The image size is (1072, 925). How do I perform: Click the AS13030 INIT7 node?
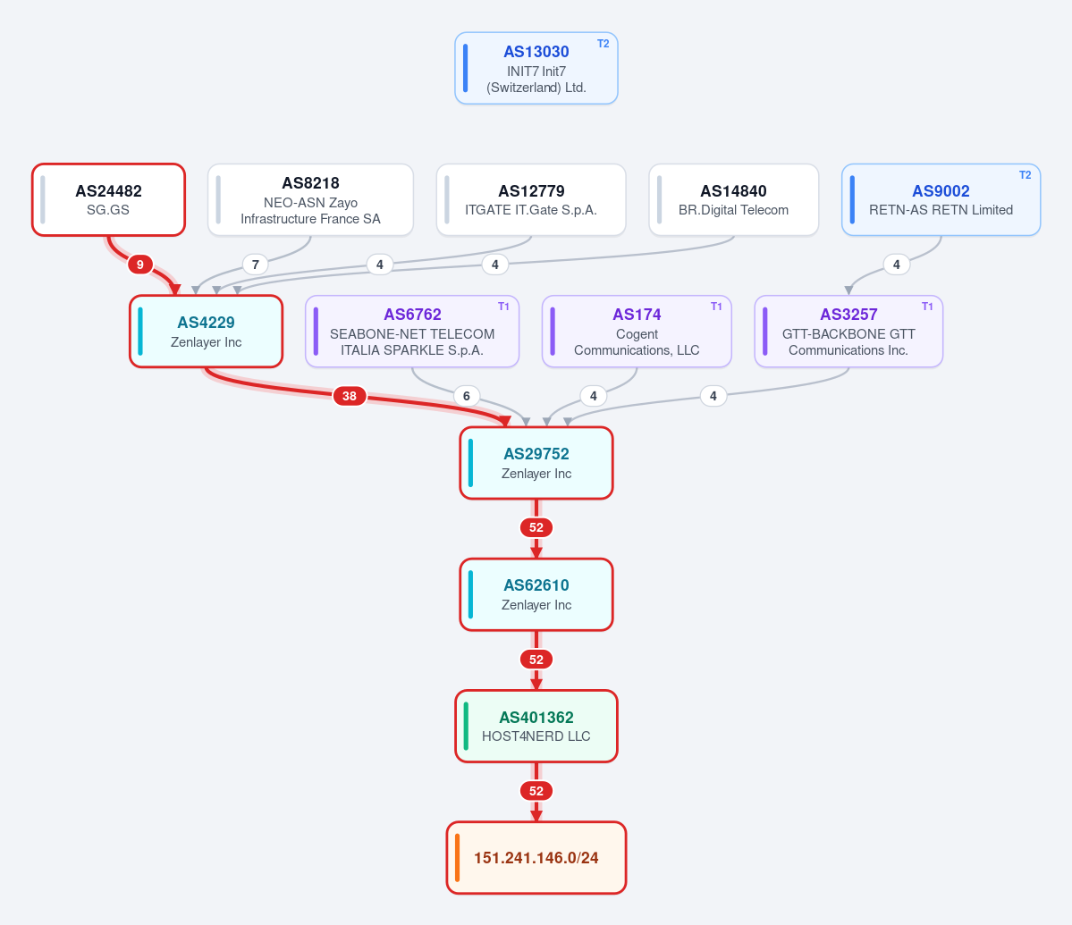(x=536, y=68)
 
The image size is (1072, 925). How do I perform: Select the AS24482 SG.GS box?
(x=109, y=199)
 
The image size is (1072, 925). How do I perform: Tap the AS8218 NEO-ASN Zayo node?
(x=310, y=199)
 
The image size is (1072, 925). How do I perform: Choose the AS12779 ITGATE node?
(x=531, y=199)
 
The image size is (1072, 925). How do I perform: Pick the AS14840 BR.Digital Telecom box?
(x=733, y=199)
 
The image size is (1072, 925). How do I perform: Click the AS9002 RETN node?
(x=941, y=199)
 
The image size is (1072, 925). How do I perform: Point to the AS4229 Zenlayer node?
(x=206, y=332)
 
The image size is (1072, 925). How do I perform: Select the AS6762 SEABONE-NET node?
(x=412, y=332)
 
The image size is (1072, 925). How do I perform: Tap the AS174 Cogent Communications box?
(x=637, y=332)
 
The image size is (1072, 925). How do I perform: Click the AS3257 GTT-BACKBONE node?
(x=848, y=332)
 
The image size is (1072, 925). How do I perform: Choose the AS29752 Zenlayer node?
(x=536, y=463)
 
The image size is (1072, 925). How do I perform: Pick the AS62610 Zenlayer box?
(x=536, y=594)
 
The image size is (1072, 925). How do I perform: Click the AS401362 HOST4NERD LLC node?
(x=536, y=727)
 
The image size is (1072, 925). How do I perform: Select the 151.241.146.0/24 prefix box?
(x=536, y=857)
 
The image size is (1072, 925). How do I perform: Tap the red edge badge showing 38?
(x=350, y=396)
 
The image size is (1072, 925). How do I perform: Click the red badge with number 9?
(x=140, y=265)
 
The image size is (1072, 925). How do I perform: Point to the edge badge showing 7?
(x=255, y=265)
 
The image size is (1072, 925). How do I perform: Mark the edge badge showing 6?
(x=467, y=396)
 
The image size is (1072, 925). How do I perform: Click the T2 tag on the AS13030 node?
(x=603, y=44)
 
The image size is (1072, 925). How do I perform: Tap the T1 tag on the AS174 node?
(x=716, y=307)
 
